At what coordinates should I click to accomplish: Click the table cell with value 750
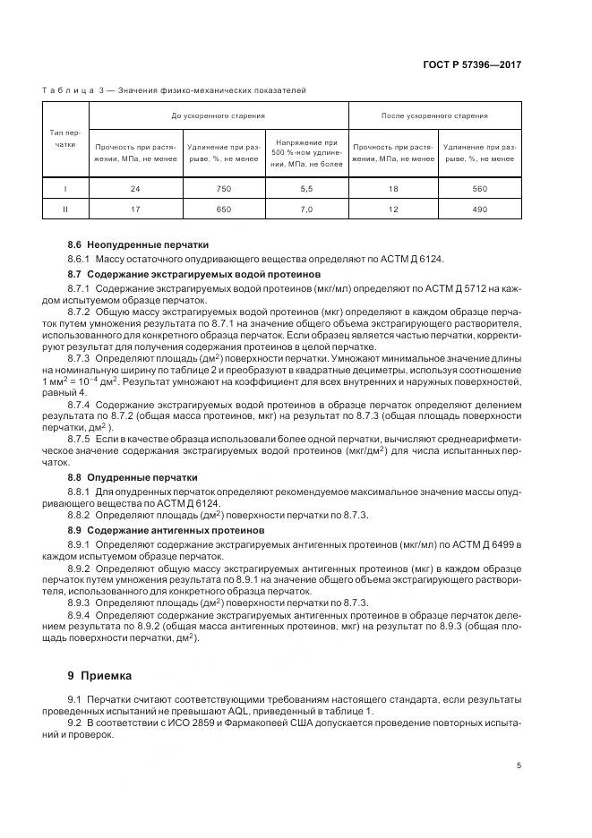[222, 190]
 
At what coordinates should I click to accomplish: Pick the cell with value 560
[478, 190]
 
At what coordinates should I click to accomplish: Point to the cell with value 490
[478, 209]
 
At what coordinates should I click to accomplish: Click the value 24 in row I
[135, 190]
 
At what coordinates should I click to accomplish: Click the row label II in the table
[65, 209]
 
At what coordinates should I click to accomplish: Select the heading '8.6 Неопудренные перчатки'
[138, 244]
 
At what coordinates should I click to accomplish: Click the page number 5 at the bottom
[519, 764]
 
